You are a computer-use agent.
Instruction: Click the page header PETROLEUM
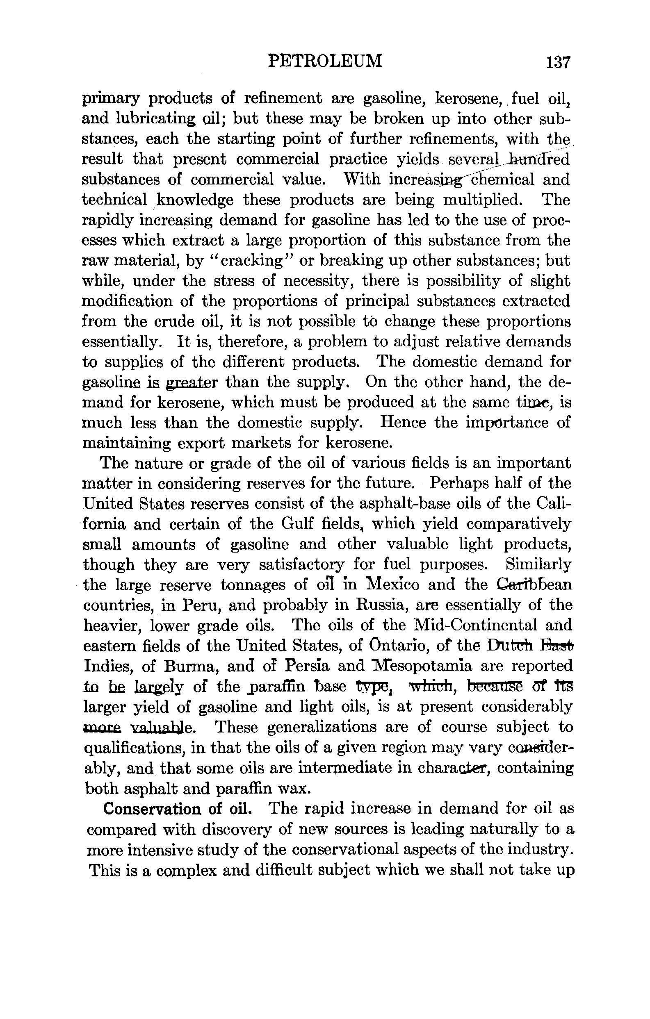pyautogui.click(x=325, y=61)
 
